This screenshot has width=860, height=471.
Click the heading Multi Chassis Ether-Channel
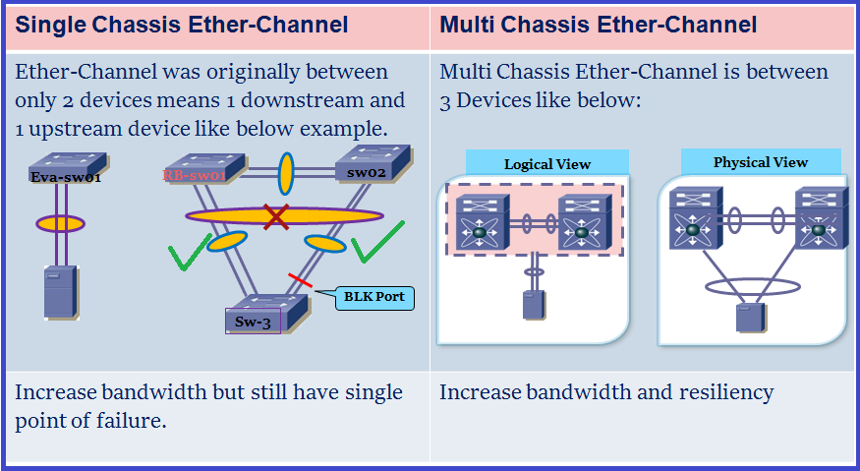(599, 26)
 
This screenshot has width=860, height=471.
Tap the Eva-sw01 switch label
(65, 177)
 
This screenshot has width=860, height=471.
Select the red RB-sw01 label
(195, 176)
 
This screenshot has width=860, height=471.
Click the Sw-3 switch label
(253, 322)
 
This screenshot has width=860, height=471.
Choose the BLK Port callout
(374, 296)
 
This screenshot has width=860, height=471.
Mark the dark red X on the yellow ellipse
(276, 215)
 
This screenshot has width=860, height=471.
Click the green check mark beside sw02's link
(377, 242)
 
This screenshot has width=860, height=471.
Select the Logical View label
(547, 164)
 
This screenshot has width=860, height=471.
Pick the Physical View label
(761, 162)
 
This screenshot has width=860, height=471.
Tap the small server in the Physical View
(750, 319)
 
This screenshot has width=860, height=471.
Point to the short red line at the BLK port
(300, 282)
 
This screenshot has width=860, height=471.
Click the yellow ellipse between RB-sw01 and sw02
(286, 173)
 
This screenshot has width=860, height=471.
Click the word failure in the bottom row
(138, 421)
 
